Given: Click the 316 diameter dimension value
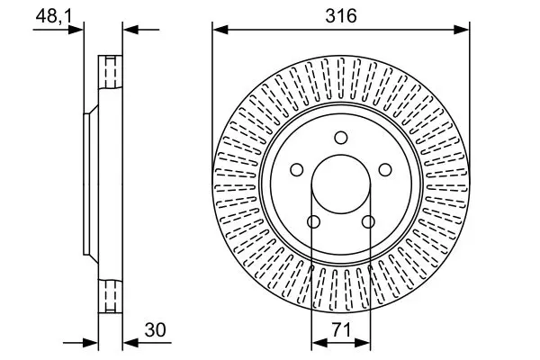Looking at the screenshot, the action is pyautogui.click(x=341, y=15).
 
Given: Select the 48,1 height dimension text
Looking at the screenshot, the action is pyautogui.click(x=54, y=15).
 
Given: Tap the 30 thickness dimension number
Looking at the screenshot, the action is pyautogui.click(x=156, y=329).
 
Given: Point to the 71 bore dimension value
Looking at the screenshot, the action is pyautogui.click(x=341, y=329).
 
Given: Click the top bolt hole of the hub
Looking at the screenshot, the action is pyautogui.click(x=341, y=138).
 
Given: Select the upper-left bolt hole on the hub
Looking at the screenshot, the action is pyautogui.click(x=296, y=170).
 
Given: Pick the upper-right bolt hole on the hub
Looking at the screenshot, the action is pyautogui.click(x=385, y=170).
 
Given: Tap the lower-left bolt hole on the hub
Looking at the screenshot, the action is pyautogui.click(x=313, y=222).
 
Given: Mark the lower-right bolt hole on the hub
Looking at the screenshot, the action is pyautogui.click(x=368, y=222).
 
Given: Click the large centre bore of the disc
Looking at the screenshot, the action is pyautogui.click(x=341, y=184).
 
